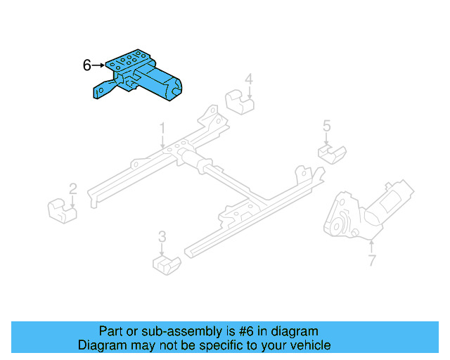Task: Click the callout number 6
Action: (x=87, y=65)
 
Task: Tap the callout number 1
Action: (x=162, y=129)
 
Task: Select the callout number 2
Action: (x=72, y=188)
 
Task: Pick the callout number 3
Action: (x=162, y=237)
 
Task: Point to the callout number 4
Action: (x=249, y=79)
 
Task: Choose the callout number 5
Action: (x=327, y=126)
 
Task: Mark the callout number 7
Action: (x=371, y=262)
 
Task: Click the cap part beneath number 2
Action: (x=63, y=209)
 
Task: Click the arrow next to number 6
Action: (x=98, y=65)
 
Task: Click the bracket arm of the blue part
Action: (x=102, y=92)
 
